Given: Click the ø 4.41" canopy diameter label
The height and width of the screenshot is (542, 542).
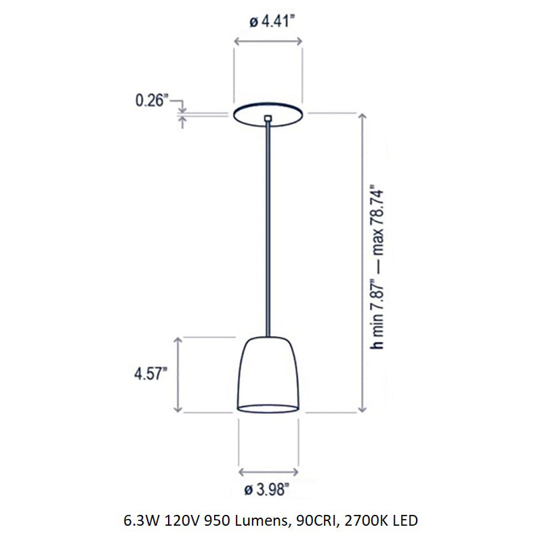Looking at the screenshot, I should (x=269, y=22).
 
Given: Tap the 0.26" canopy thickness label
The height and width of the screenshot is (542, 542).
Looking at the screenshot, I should (x=150, y=101).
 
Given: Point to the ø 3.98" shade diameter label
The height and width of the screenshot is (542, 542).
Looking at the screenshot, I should (x=269, y=488).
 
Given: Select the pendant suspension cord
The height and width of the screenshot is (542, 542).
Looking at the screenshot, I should (x=269, y=230).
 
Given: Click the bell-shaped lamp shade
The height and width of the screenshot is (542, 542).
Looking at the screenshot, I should (x=269, y=373).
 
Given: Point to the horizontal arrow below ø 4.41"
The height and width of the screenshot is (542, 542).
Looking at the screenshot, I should (x=269, y=42).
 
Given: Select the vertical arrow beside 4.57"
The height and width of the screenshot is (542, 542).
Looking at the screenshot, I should (x=178, y=374).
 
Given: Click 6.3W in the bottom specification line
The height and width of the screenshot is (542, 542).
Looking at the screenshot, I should (x=140, y=521).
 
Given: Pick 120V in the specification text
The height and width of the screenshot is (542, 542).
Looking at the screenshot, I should (x=178, y=521).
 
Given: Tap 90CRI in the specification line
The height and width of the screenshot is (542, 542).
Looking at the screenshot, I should (x=308, y=521).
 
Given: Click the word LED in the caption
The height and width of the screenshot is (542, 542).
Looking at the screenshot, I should (x=402, y=521).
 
